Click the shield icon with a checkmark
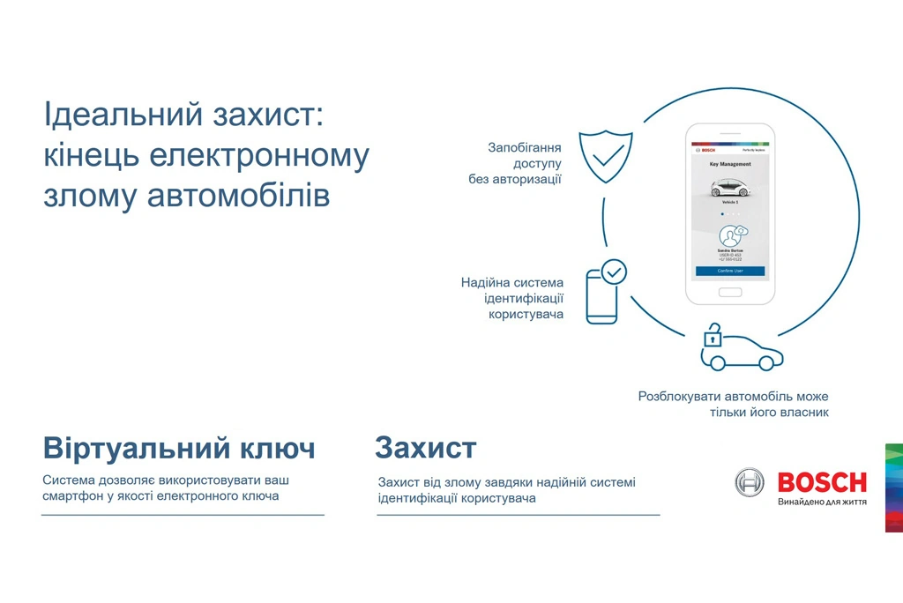point(605,156)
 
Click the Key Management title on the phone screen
point(730,164)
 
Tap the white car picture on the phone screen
point(729,187)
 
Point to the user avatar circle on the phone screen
point(730,235)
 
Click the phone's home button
point(730,291)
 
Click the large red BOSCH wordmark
point(822,482)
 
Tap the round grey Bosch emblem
point(750,482)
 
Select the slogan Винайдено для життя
point(822,502)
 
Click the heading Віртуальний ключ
point(179,449)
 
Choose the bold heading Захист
point(425,448)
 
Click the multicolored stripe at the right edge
point(893,488)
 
